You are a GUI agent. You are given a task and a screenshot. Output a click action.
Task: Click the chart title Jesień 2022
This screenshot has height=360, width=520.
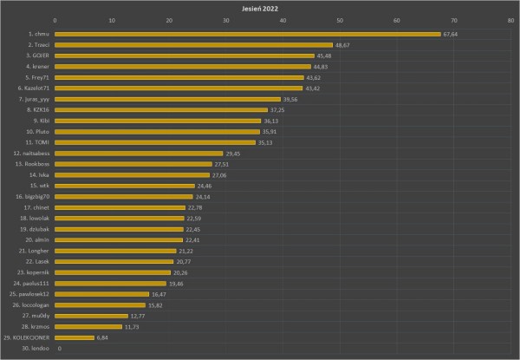[x=260, y=7]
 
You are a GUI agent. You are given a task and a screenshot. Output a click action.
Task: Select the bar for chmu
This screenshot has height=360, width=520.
[x=248, y=35]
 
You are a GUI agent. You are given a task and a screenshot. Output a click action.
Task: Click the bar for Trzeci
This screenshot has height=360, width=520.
[x=194, y=45]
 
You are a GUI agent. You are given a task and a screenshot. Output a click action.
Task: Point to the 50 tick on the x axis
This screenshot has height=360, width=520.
[x=340, y=20]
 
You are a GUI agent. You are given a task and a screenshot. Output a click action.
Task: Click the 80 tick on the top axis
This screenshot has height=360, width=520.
[x=510, y=20]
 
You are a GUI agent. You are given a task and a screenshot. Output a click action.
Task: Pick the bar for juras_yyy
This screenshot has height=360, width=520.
[x=168, y=100]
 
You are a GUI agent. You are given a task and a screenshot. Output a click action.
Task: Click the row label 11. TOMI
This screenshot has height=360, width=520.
[x=37, y=142]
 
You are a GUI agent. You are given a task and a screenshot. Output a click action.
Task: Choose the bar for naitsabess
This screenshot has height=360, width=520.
[x=140, y=154]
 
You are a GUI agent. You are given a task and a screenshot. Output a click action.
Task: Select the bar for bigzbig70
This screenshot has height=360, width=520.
[x=124, y=197]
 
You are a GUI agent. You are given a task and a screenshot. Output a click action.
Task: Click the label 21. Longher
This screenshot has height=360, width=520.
[x=34, y=251]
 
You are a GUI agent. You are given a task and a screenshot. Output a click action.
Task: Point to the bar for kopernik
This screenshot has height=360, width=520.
[x=113, y=272]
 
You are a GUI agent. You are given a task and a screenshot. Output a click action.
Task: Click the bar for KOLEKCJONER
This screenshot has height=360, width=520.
[x=75, y=337]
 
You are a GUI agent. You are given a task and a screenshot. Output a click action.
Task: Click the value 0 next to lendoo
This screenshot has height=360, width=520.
[x=60, y=348]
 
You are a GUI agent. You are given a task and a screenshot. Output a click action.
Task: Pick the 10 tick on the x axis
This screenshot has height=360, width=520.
[x=113, y=20]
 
